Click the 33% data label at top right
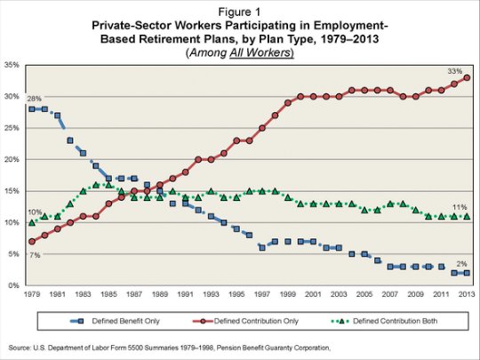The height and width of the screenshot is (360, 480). click(454, 71)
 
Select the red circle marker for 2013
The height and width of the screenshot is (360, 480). click(467, 77)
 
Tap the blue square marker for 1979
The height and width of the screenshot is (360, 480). click(32, 109)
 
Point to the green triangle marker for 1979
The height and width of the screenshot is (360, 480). click(32, 222)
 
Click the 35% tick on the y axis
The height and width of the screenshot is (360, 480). click(12, 65)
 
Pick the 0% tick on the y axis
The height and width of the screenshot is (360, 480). click(13, 285)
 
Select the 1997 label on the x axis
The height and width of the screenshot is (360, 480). click(262, 294)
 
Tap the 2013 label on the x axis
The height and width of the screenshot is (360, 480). click(467, 294)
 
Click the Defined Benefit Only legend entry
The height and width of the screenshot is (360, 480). click(116, 321)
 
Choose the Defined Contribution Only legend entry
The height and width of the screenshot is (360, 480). click(245, 321)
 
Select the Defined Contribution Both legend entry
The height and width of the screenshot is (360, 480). click(385, 321)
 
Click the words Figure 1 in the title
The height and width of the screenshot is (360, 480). click(239, 12)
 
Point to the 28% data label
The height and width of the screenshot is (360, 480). click(34, 99)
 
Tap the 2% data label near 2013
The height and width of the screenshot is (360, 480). click(461, 264)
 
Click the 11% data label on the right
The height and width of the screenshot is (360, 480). click(460, 207)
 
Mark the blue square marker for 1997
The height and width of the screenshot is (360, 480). click(262, 248)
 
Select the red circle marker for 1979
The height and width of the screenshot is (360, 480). click(32, 242)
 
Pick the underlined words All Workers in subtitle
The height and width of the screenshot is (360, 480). click(260, 52)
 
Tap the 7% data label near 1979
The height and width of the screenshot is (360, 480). click(35, 255)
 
